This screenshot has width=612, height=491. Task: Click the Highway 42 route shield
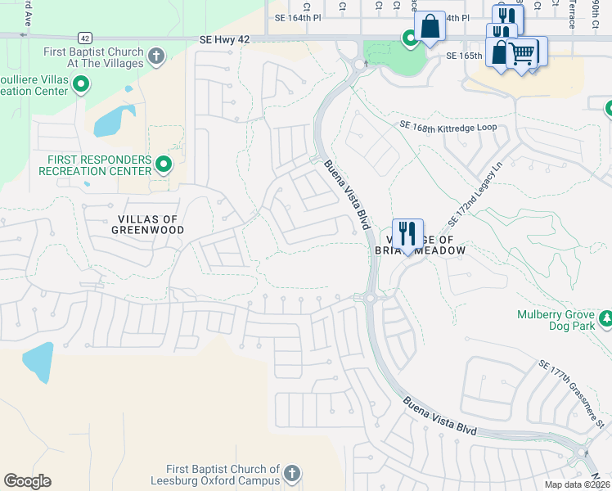(x=84, y=38)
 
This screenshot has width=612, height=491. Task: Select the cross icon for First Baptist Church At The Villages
(x=157, y=56)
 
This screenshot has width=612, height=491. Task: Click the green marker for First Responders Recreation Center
(x=164, y=164)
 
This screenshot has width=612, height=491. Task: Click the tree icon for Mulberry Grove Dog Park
(x=605, y=318)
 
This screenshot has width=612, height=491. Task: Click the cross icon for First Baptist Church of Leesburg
(x=291, y=472)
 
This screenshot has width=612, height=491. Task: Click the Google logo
(x=27, y=481)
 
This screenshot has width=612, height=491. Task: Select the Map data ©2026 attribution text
(x=576, y=484)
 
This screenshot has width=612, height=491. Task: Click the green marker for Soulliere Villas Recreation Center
(x=81, y=84)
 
